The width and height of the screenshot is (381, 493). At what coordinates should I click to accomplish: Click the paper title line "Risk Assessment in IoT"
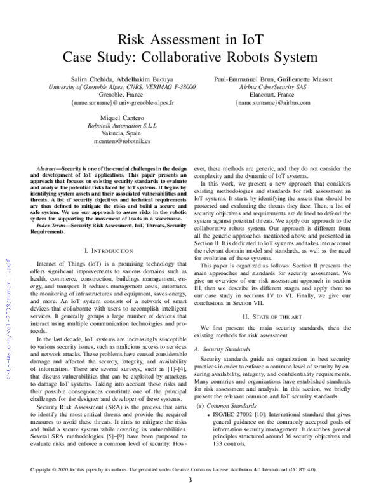point(190,41)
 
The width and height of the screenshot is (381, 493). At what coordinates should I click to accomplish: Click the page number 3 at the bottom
point(190,480)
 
